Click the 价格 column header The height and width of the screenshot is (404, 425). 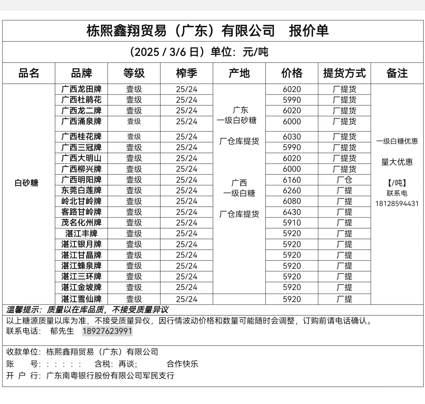[x=292, y=73]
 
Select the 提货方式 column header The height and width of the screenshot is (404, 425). [x=344, y=73]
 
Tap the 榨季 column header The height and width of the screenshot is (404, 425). [x=187, y=73]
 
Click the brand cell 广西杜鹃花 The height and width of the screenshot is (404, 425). [x=81, y=100]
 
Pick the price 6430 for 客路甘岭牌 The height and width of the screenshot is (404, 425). [x=292, y=212]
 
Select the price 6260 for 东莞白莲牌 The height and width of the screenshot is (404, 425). [x=292, y=190]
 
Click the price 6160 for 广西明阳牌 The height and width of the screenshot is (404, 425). [x=292, y=180]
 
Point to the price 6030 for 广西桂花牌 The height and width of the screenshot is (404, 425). [x=292, y=137]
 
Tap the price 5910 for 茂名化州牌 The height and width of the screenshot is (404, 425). [x=292, y=223]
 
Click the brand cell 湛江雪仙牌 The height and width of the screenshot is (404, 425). [x=81, y=299]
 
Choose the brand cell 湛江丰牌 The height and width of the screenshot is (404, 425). [x=81, y=234]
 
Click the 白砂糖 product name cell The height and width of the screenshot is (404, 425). [x=27, y=183]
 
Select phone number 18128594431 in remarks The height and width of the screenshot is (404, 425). [x=397, y=204]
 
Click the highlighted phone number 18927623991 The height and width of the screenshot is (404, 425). [x=107, y=331]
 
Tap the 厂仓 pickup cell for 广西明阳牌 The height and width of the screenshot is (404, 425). [x=344, y=180]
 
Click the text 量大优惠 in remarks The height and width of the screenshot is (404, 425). [x=397, y=162]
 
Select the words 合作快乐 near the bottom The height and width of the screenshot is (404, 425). [x=182, y=364]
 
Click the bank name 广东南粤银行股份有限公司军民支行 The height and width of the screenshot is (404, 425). [x=110, y=376]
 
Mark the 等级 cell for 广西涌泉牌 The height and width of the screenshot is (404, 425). [x=134, y=121]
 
